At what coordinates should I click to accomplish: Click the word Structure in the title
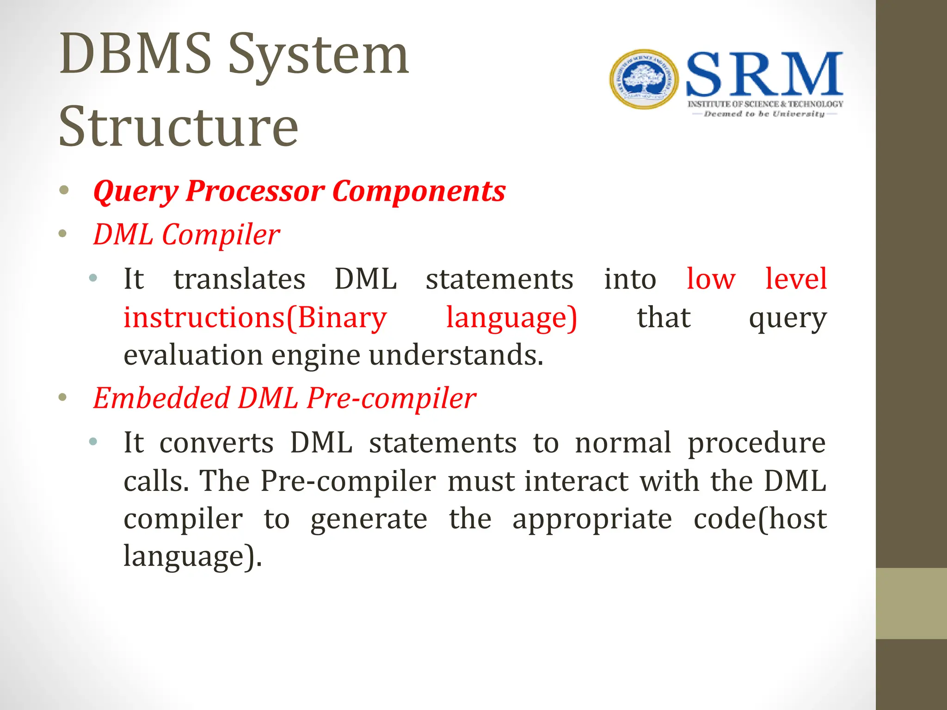click(178, 127)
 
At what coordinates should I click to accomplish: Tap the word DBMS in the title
click(135, 55)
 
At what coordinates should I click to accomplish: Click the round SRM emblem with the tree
click(644, 80)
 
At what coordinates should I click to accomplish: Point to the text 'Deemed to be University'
click(764, 114)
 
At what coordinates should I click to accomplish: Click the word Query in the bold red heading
click(135, 191)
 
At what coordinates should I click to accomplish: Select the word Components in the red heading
click(418, 191)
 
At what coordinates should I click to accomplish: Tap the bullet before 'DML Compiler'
click(63, 234)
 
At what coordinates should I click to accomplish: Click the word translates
click(240, 279)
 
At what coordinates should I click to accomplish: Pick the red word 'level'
click(795, 279)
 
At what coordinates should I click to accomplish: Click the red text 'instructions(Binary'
click(255, 318)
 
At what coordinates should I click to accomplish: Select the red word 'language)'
click(511, 318)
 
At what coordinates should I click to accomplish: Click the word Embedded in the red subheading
click(161, 398)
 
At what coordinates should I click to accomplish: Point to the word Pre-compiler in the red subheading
click(391, 398)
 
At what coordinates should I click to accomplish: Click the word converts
click(216, 443)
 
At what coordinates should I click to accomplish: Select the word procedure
click(756, 443)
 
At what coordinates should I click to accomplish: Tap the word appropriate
click(592, 519)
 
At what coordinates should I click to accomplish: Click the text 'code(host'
click(760, 519)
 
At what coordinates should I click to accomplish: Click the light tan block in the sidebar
click(911, 603)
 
